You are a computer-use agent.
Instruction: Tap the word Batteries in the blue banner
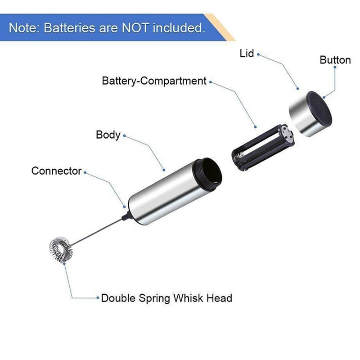pyautogui.click(x=69, y=28)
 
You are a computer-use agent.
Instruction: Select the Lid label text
pyautogui.click(x=247, y=54)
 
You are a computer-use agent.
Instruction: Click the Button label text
pyautogui.click(x=335, y=60)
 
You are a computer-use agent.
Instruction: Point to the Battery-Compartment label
pyautogui.click(x=154, y=81)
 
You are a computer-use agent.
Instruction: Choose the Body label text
pyautogui.click(x=108, y=135)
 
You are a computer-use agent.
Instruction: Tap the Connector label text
pyautogui.click(x=57, y=171)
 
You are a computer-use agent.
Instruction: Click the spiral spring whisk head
pyautogui.click(x=61, y=250)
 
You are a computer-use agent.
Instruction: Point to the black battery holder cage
pyautogui.click(x=263, y=147)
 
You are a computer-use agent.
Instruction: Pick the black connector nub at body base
pyautogui.click(x=126, y=216)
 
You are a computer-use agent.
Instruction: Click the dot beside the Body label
pyautogui.click(x=124, y=136)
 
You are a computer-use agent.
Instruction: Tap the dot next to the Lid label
pyautogui.click(x=258, y=54)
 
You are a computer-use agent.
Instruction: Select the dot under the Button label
pyautogui.click(x=335, y=67)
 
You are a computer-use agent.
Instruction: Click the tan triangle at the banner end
pyautogui.click(x=220, y=27)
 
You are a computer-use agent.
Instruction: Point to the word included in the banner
pyautogui.click(x=179, y=28)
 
